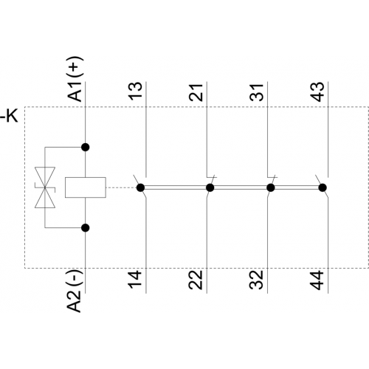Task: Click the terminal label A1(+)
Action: click(x=75, y=79)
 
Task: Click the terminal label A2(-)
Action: click(x=74, y=291)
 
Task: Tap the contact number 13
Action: click(x=136, y=91)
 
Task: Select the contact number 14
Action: click(x=135, y=280)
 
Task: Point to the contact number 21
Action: click(x=196, y=92)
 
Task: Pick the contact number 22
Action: click(x=196, y=280)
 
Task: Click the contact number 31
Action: click(x=257, y=92)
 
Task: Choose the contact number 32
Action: click(x=256, y=280)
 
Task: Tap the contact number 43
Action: click(x=317, y=92)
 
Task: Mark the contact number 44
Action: click(x=317, y=280)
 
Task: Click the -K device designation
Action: click(x=9, y=116)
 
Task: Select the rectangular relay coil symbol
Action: click(x=86, y=187)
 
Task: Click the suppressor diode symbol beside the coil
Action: click(x=45, y=187)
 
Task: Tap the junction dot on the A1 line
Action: click(x=86, y=147)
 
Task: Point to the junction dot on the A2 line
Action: click(x=86, y=228)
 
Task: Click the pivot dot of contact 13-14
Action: click(x=140, y=187)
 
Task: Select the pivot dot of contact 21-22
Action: click(x=210, y=187)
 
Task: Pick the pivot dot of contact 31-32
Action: click(x=271, y=187)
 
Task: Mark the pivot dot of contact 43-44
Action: click(x=323, y=187)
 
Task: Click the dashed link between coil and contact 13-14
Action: click(x=121, y=187)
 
